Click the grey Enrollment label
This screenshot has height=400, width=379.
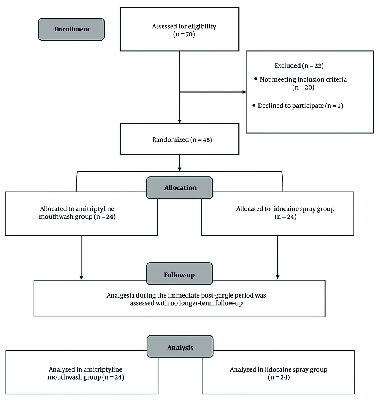pos(71,29)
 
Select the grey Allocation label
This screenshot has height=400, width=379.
pos(180,188)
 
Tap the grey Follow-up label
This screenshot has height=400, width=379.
pos(179,275)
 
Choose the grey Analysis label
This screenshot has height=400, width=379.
pos(180,347)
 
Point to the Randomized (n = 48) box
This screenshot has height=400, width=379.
pos(179,140)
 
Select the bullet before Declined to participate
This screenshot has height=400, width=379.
pos(254,106)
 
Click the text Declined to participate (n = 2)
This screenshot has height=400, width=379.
pos(300,106)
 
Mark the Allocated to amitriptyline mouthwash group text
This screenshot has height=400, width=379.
pos(81,213)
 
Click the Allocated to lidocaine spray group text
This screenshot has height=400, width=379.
pos(285,213)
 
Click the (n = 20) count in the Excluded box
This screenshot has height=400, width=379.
pos(303,87)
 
